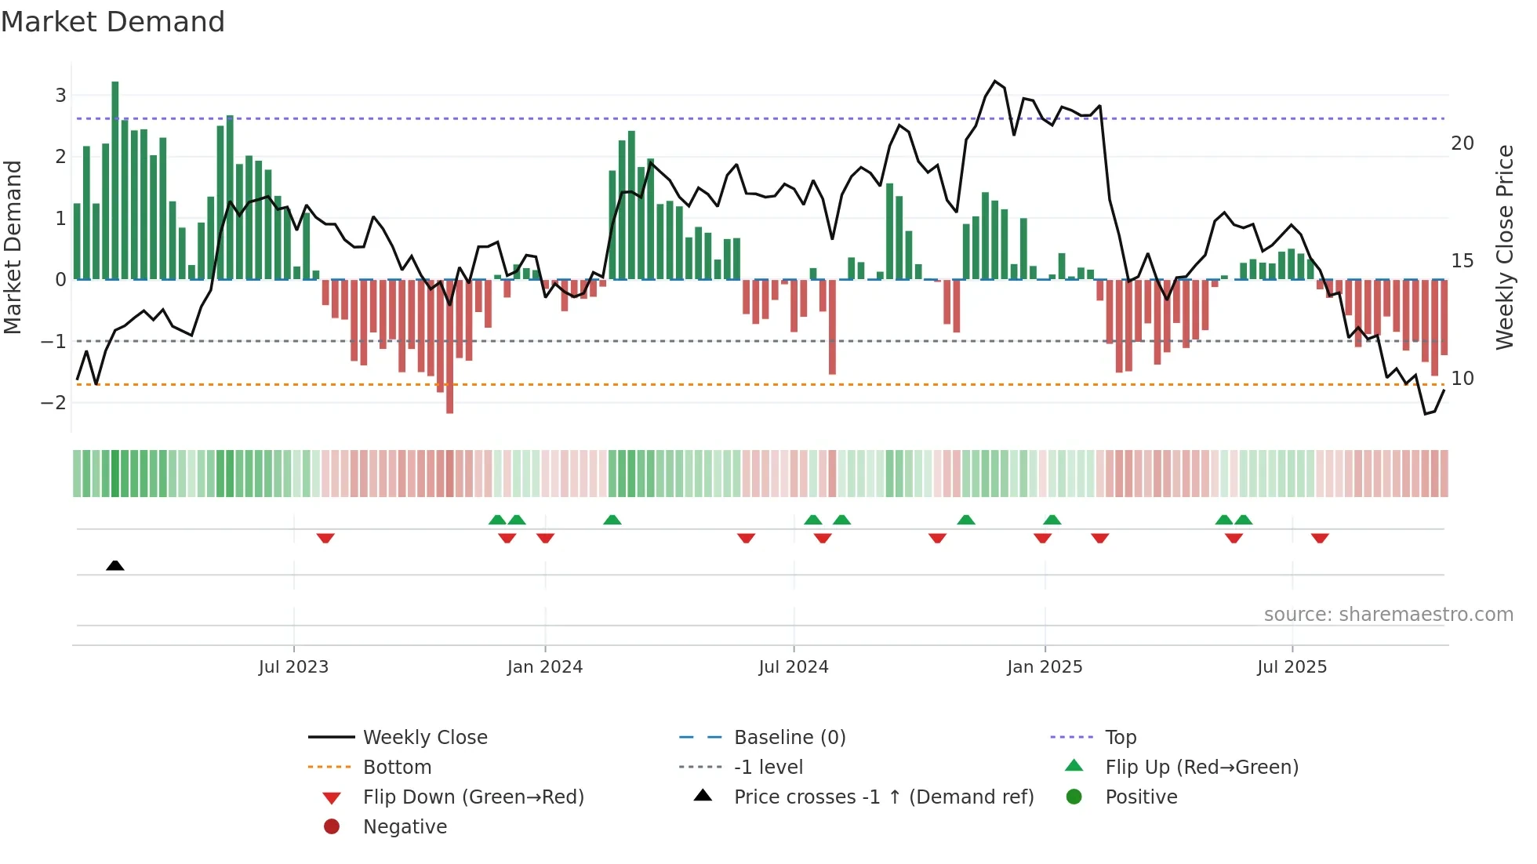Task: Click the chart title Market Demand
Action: click(113, 22)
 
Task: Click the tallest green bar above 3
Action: click(115, 180)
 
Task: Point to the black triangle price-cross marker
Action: click(115, 565)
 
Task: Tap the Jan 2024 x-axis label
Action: click(545, 667)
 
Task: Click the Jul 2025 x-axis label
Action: click(1292, 667)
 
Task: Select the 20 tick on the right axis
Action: click(1462, 143)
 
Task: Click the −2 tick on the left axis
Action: click(53, 403)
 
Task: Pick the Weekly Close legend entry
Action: click(425, 738)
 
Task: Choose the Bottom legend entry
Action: click(397, 768)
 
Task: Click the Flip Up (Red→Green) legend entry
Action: click(1201, 768)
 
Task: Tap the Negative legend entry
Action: click(405, 827)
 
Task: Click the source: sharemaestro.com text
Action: click(1388, 615)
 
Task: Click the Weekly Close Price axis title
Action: click(1504, 247)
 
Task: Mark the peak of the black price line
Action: click(995, 82)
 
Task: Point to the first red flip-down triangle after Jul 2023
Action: click(325, 539)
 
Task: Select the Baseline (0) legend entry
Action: click(789, 738)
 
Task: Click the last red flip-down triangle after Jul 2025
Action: click(1320, 539)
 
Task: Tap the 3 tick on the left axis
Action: click(60, 96)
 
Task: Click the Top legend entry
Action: click(1121, 738)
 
